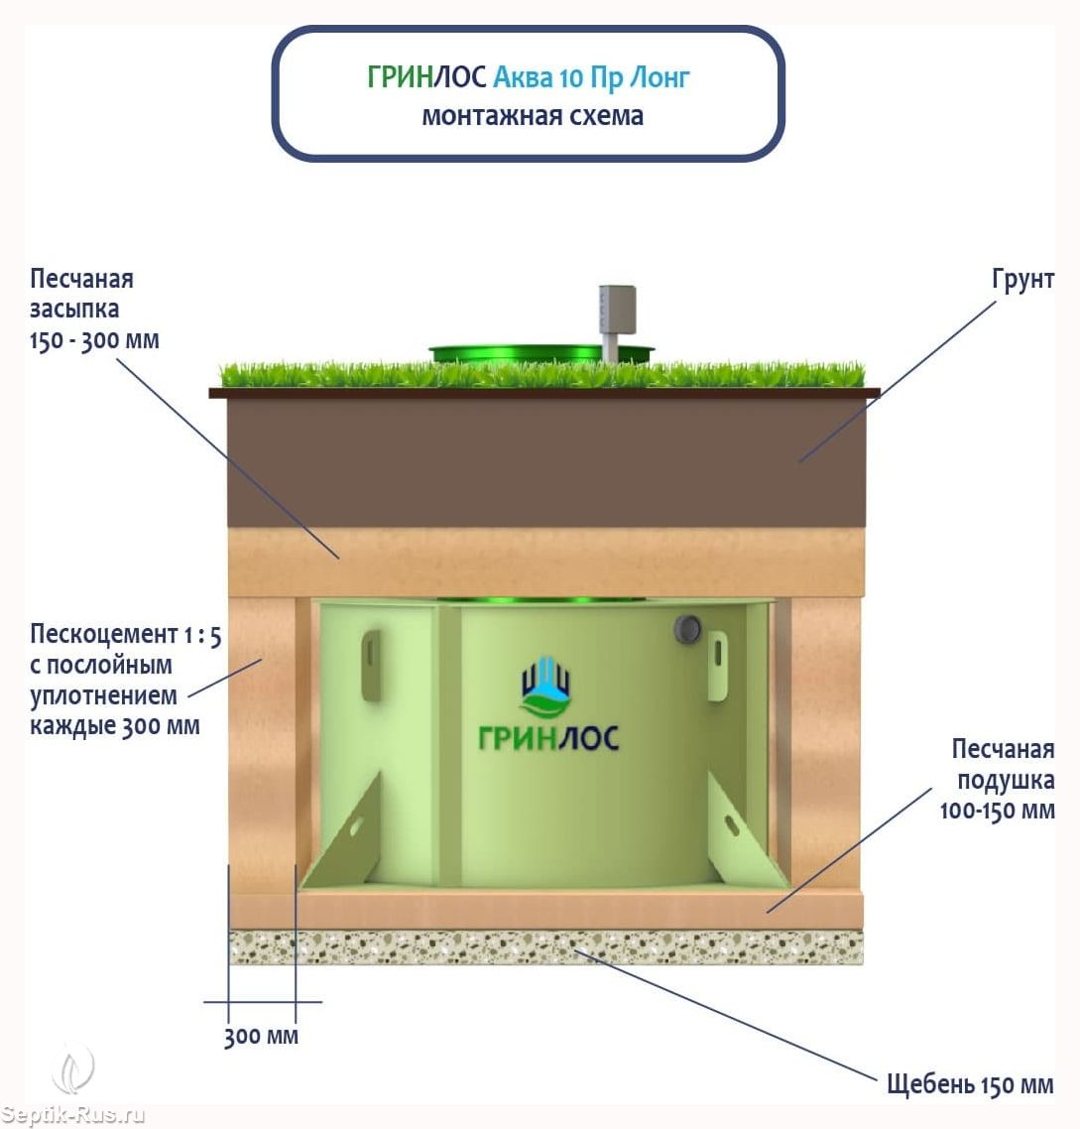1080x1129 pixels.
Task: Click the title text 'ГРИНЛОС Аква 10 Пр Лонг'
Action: (528, 77)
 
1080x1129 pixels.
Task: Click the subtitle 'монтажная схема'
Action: (533, 116)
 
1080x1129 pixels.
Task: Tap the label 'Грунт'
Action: (1022, 280)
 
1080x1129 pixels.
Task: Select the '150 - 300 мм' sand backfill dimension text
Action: (94, 340)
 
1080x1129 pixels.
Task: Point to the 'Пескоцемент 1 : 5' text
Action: (125, 635)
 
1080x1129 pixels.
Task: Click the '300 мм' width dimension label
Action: (261, 1037)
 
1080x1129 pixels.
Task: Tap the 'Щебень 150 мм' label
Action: (970, 1084)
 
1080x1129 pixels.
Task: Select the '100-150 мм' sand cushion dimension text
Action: (998, 811)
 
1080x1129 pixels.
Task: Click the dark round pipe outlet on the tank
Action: (687, 629)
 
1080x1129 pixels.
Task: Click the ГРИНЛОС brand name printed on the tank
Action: (548, 738)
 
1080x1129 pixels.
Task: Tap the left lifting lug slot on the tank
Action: (371, 665)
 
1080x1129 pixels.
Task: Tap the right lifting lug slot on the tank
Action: (718, 665)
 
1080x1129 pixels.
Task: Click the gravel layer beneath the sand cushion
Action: (545, 946)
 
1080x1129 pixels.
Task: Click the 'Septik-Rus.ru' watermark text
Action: (72, 1115)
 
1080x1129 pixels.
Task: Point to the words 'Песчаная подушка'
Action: (1004, 765)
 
